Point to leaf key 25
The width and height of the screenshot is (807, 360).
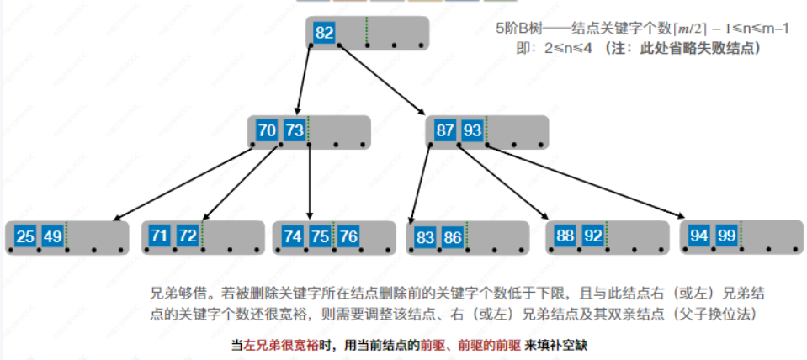coord(25,236)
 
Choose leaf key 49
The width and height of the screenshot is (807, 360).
coord(52,236)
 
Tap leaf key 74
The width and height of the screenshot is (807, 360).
coord(293,236)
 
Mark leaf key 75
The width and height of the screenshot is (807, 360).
coord(321,236)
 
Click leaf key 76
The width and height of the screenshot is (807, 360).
coord(348,236)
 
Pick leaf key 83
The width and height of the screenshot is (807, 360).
coord(426,237)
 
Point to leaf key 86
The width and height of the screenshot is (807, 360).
coord(453,237)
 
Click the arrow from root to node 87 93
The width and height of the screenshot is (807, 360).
coord(383,79)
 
